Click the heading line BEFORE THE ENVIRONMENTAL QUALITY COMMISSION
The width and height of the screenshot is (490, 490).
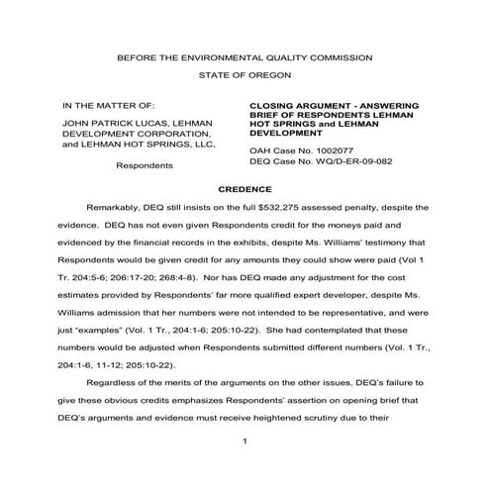coord(245,58)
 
